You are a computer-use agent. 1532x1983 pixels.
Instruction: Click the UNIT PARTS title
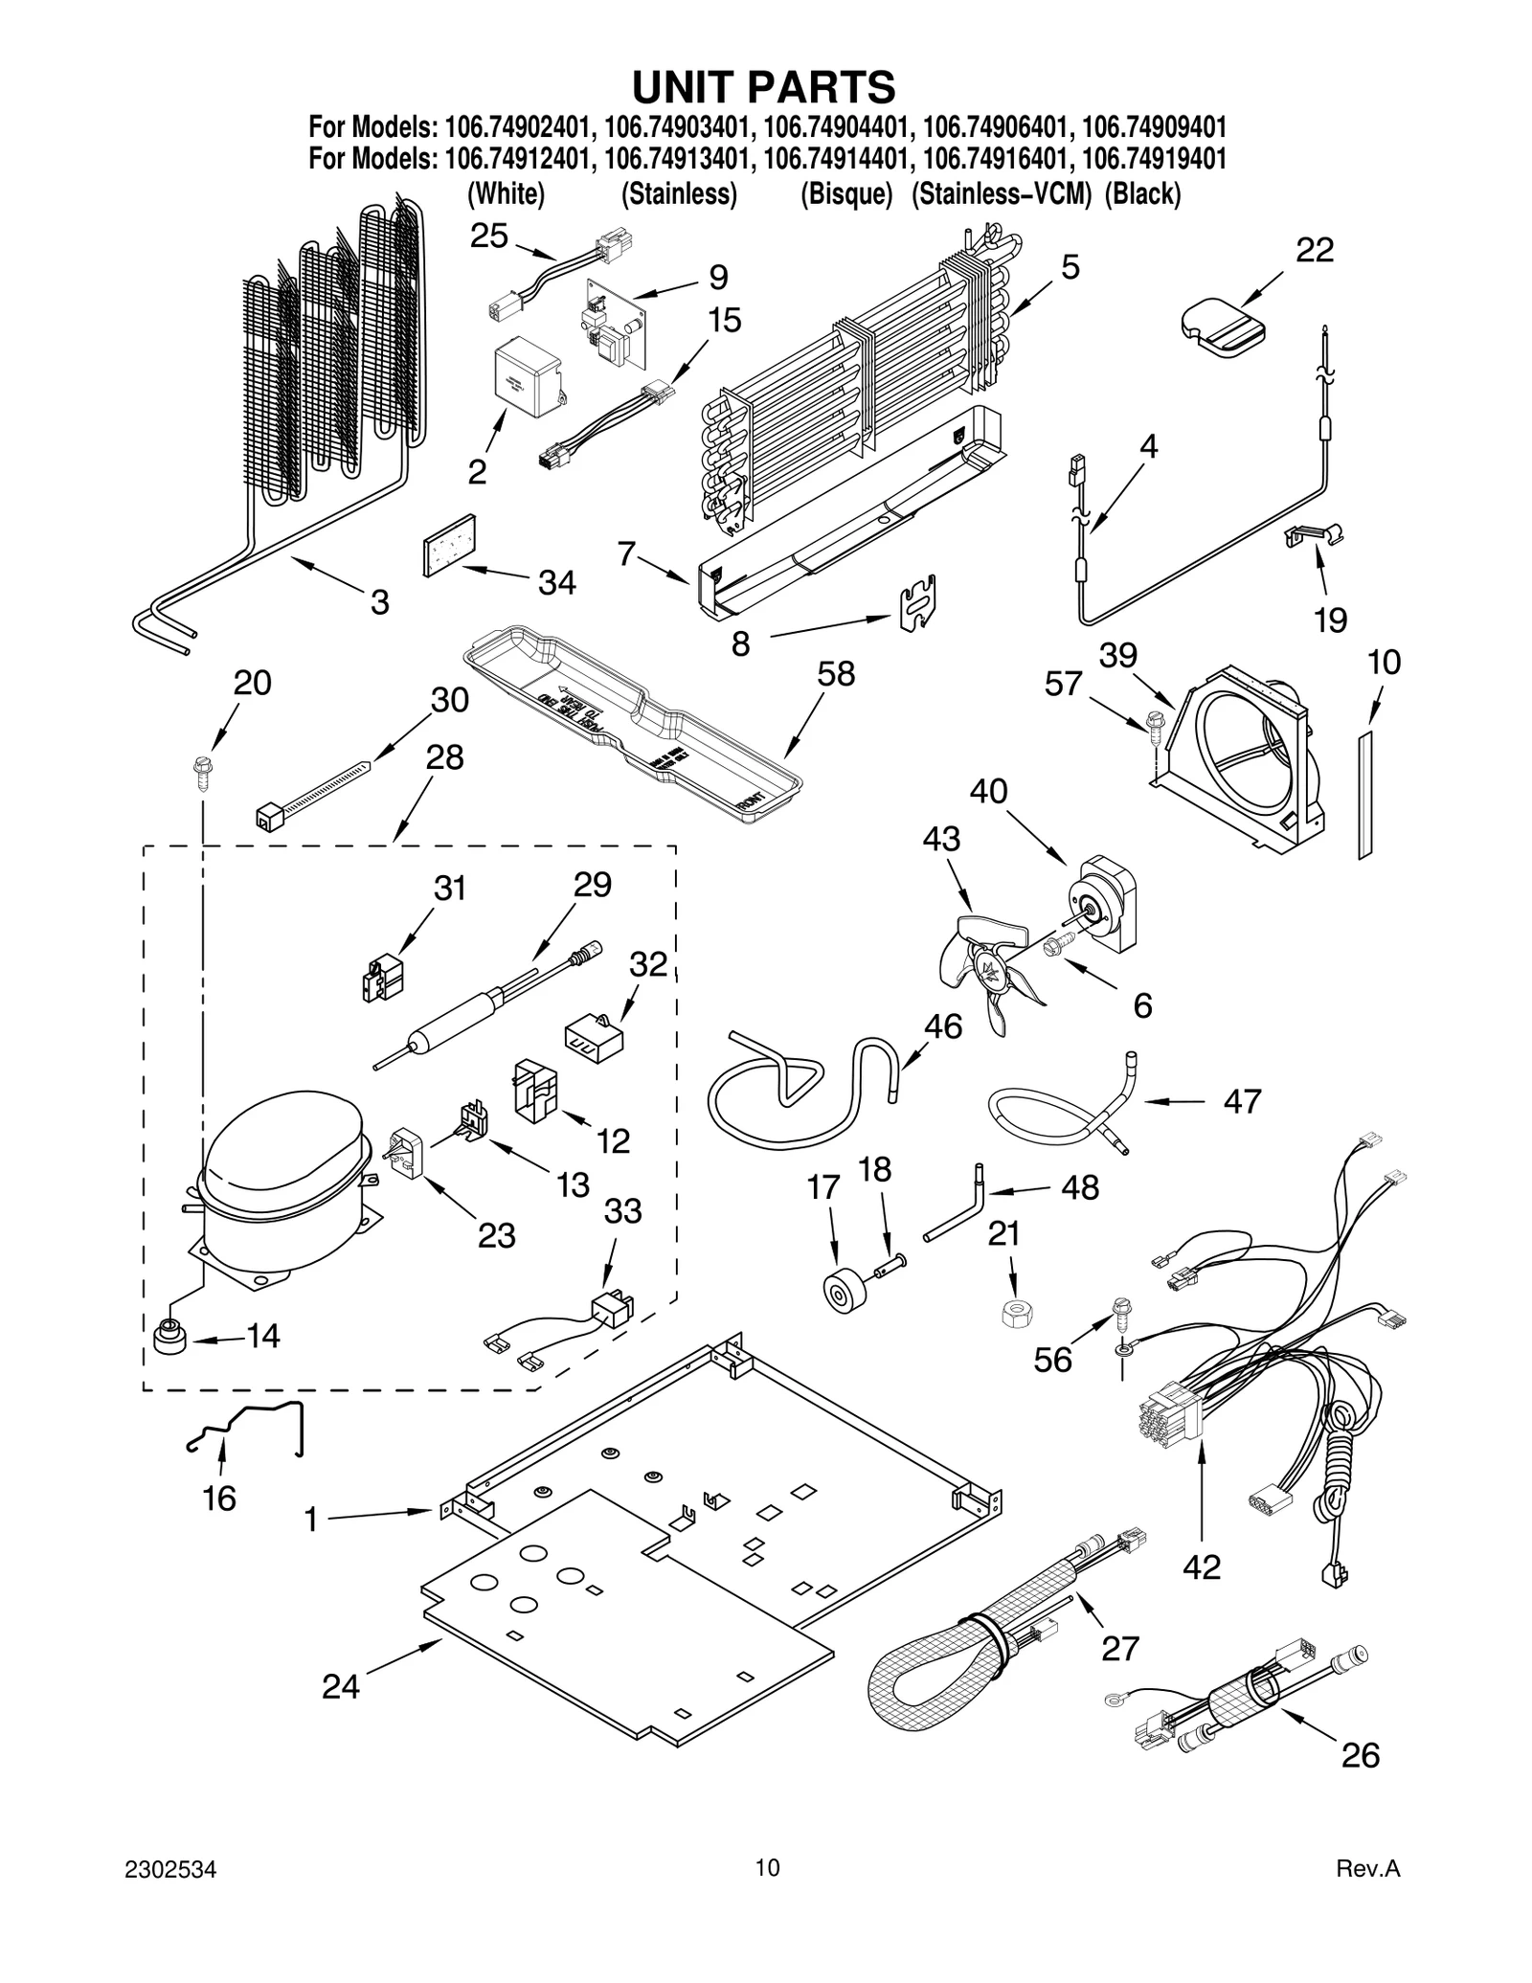tap(763, 87)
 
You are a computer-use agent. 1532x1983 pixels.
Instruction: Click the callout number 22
tap(1315, 250)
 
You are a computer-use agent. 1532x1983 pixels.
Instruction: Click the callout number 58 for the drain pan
tap(836, 674)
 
